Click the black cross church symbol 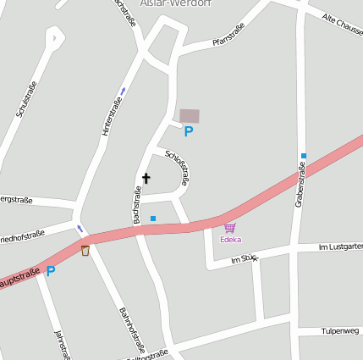coord(146,179)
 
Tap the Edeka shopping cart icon coord(229,228)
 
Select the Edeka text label coord(230,240)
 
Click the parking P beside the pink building coord(189,131)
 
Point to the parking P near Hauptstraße coord(50,271)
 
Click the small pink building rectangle coord(190,115)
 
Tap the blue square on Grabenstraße coord(303,156)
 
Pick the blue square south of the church coord(153,219)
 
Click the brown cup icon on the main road coord(85,250)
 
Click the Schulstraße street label coord(26,100)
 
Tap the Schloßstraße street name coord(178,167)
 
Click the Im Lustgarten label coord(340,246)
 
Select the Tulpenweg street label coord(342,331)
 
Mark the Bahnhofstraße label coord(132,330)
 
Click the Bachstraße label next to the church coord(135,206)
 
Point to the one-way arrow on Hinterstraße coord(123,91)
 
